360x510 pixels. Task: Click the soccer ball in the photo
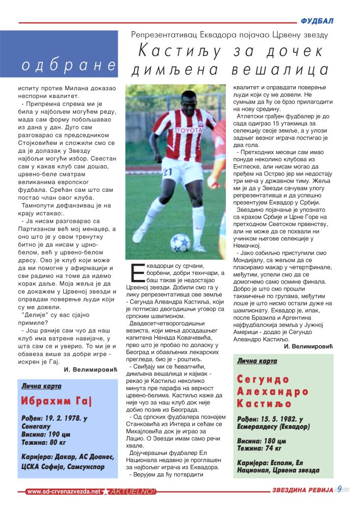[x=179, y=242]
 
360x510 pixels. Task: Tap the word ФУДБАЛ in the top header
[x=317, y=21]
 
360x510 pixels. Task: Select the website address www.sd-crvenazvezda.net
[x=63, y=492]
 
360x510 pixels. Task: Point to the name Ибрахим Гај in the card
[x=57, y=401]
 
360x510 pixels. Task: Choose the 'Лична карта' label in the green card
[x=257, y=361]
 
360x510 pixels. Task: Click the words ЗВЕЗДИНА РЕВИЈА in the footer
[x=302, y=491]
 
